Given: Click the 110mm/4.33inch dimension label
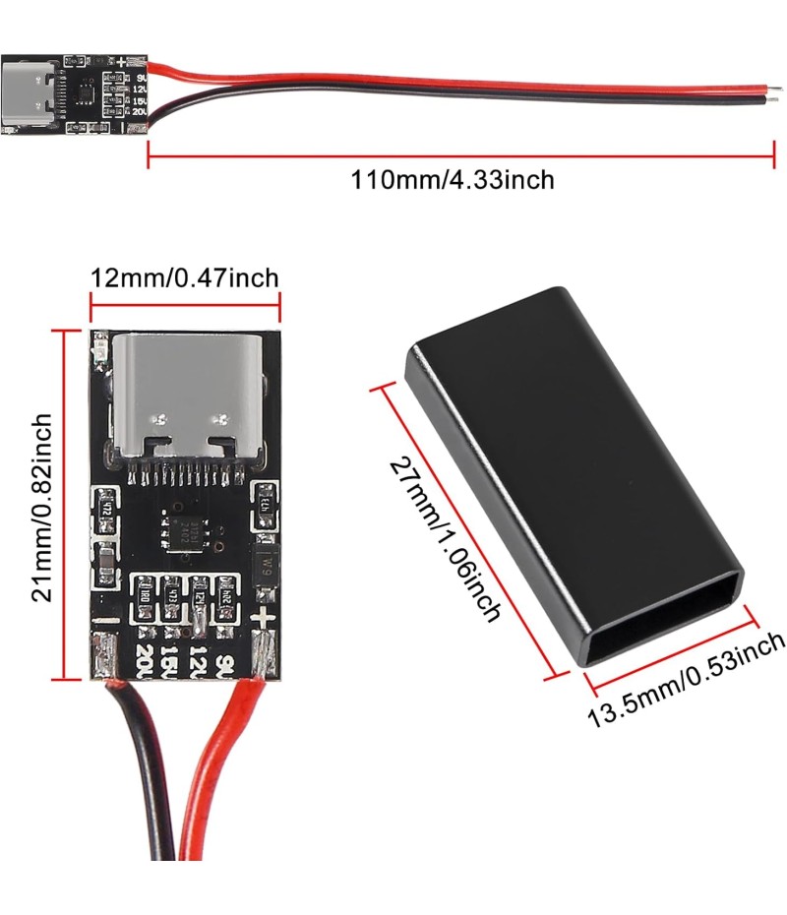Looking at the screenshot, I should (x=453, y=181).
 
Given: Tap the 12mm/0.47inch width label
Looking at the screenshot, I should (x=184, y=277).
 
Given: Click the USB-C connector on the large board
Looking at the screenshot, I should (x=186, y=397).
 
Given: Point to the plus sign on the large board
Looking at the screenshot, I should (x=262, y=619).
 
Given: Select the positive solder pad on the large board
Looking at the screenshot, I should (x=264, y=655).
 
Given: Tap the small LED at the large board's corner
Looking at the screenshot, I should (x=99, y=348).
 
